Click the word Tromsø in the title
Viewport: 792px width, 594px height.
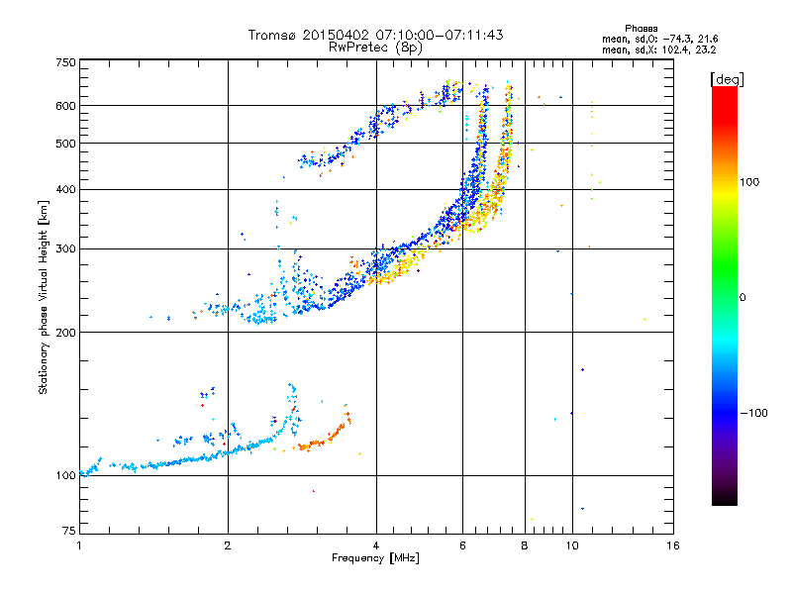273,35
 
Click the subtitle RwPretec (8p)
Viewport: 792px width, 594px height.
375,47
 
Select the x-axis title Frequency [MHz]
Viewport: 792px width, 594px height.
375,558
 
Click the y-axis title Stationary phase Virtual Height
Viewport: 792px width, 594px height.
44,298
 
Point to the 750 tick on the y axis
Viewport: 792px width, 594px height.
66,62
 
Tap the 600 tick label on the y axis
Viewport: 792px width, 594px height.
66,106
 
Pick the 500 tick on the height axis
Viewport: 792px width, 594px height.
66,144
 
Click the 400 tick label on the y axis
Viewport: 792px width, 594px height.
66,189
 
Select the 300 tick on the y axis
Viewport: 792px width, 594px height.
66,249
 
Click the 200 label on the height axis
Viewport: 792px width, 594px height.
66,333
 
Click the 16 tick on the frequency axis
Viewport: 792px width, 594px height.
672,545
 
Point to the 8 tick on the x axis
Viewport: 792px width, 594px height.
525,545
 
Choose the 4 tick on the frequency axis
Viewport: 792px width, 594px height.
376,545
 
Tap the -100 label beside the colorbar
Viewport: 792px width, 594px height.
753,413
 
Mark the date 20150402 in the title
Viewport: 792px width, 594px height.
333,35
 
